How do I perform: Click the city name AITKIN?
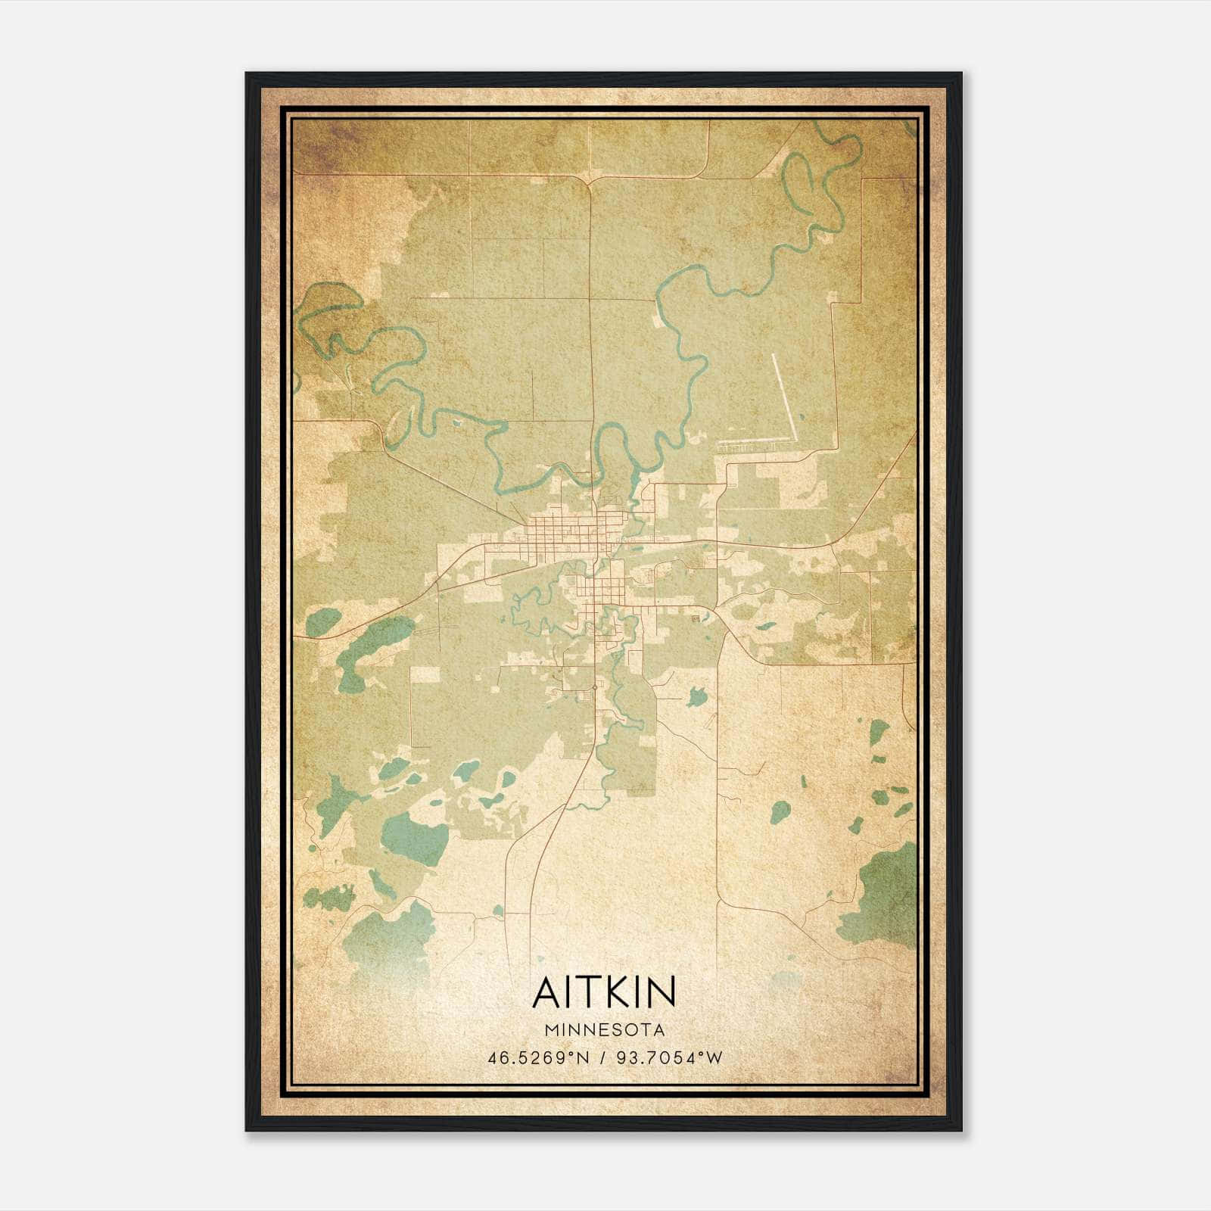(603, 992)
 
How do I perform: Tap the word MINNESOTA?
(603, 1030)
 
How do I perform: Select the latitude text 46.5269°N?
(538, 1058)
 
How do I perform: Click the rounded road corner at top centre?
(589, 182)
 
